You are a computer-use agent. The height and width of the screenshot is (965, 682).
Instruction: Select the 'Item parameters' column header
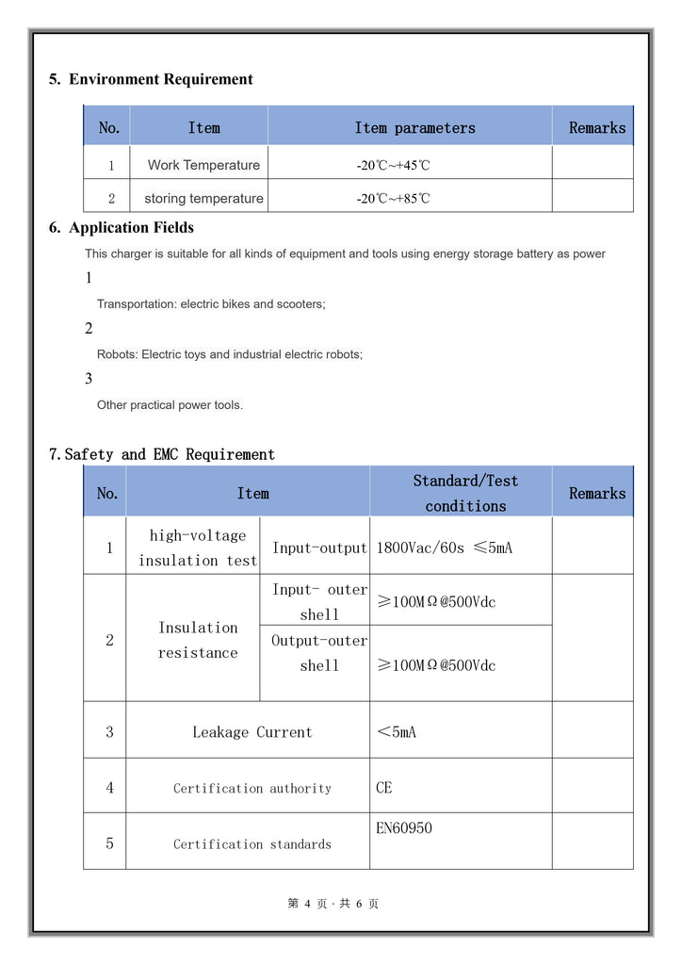(x=414, y=128)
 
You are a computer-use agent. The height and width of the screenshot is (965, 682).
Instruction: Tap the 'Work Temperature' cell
(x=203, y=165)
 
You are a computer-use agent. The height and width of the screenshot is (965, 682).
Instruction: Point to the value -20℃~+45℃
(x=393, y=166)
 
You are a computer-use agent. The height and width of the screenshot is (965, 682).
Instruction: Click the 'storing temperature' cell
(x=203, y=199)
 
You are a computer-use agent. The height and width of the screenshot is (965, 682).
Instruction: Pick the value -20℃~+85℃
(x=393, y=199)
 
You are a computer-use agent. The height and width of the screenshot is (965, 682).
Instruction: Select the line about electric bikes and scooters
(x=211, y=304)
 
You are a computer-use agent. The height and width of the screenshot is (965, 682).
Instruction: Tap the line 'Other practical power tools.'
(x=170, y=405)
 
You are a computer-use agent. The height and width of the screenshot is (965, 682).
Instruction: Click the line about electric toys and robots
(x=229, y=354)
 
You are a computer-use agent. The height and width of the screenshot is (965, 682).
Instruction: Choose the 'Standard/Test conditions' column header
(x=465, y=493)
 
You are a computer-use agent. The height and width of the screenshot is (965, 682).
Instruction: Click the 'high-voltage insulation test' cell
(x=197, y=548)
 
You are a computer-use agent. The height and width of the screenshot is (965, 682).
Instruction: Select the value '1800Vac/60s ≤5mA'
(x=444, y=548)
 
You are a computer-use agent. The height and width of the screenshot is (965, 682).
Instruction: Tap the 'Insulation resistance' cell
(x=197, y=640)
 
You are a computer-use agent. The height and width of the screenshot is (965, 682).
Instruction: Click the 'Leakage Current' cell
(x=252, y=732)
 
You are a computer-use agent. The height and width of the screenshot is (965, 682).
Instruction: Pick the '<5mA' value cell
(x=396, y=732)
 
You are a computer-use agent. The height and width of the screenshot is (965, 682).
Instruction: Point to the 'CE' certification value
(x=384, y=788)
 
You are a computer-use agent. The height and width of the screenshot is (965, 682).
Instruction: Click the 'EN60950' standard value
(x=404, y=828)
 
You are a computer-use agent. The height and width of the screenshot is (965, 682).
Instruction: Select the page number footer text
(x=333, y=904)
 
